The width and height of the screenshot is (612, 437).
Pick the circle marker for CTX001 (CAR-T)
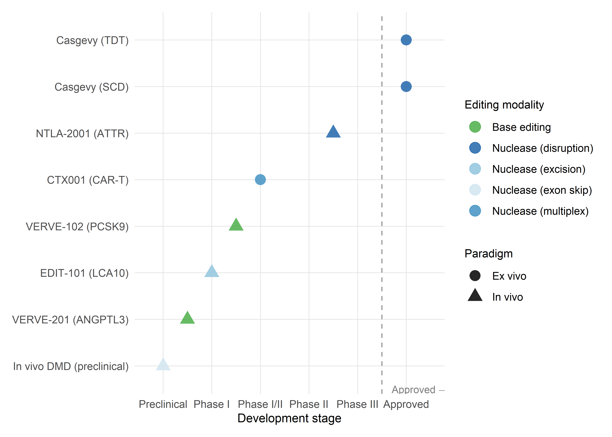pos(260,179)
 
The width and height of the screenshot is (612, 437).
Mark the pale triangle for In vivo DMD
pos(163,365)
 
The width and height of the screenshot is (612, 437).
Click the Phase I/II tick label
pos(260,404)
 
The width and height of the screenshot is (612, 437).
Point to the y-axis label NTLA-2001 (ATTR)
pos(82,133)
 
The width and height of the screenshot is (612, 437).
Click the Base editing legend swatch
pos(475,127)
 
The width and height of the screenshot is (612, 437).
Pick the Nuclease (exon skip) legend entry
pos(542,190)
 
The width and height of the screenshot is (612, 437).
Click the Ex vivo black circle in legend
pos(475,276)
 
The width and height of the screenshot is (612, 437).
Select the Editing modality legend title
pos(504,105)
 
